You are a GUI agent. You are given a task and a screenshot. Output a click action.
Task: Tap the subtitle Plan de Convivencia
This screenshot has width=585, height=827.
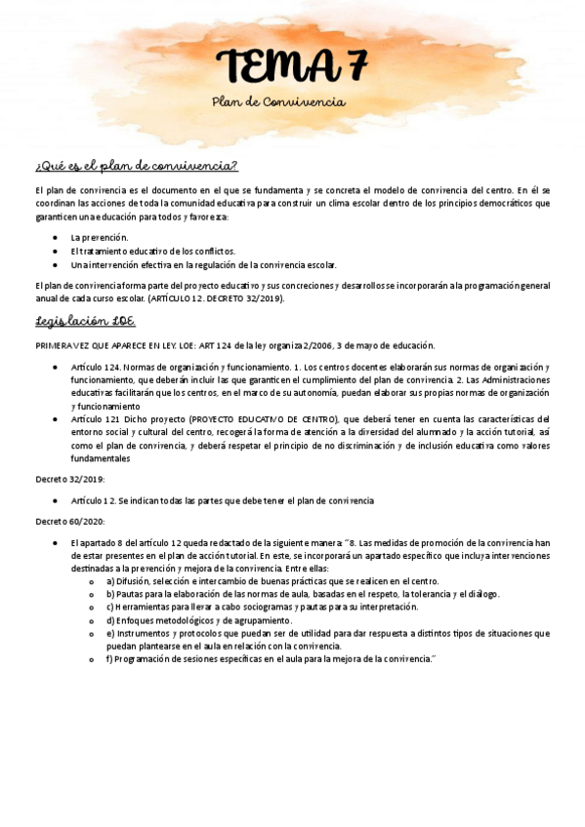pyautogui.click(x=278, y=101)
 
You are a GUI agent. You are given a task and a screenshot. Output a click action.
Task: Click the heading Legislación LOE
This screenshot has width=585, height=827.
pyautogui.click(x=85, y=321)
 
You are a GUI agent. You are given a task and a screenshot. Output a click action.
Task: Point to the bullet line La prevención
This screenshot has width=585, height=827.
pyautogui.click(x=100, y=237)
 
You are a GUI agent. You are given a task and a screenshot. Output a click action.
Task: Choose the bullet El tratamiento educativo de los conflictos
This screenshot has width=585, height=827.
pyautogui.click(x=152, y=251)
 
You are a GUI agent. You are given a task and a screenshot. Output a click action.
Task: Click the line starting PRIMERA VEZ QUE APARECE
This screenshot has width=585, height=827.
pyautogui.click(x=234, y=345)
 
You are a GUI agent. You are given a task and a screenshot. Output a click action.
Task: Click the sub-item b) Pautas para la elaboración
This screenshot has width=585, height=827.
pyautogui.click(x=303, y=593)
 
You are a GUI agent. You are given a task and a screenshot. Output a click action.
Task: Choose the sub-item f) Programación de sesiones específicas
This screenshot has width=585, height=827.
pyautogui.click(x=270, y=659)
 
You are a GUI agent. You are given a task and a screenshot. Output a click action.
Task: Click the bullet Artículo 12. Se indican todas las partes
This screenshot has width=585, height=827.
pyautogui.click(x=223, y=500)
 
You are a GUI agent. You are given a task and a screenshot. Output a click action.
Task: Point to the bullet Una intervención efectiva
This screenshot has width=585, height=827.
pyautogui.click(x=203, y=264)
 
